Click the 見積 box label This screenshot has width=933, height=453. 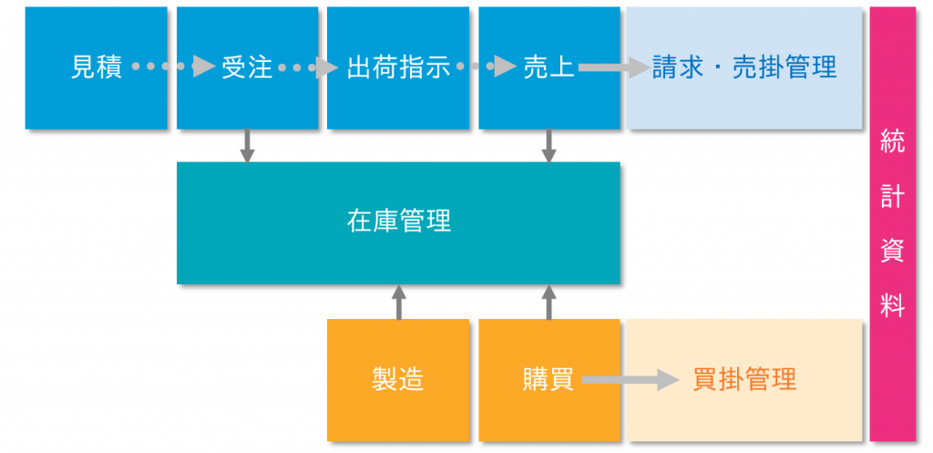coord(96,67)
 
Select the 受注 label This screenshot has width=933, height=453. coord(246,67)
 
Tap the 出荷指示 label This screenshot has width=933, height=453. coord(398,67)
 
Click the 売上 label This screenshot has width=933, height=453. coord(549,67)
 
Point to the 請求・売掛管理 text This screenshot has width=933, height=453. coord(743,67)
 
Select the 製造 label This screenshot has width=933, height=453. coord(397,380)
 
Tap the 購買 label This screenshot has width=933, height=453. coord(549,380)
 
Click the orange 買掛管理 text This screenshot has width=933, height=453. coord(744,380)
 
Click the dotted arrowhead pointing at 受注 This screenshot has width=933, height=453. coord(204,67)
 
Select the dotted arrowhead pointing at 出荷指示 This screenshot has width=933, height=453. coord(327,67)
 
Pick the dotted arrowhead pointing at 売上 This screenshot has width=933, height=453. coord(505,67)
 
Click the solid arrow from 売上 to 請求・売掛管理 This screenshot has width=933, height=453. coord(613,67)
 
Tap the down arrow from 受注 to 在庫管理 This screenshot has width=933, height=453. coord(247,146)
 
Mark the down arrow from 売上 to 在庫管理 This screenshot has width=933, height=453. coord(549,146)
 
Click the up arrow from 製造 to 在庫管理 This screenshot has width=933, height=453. coord(399,302)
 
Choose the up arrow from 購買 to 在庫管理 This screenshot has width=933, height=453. coord(549,302)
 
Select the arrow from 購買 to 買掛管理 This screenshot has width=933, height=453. coord(631,380)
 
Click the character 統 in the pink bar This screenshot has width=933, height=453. coord(893,144)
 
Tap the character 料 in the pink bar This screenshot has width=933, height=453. coord(893,306)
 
